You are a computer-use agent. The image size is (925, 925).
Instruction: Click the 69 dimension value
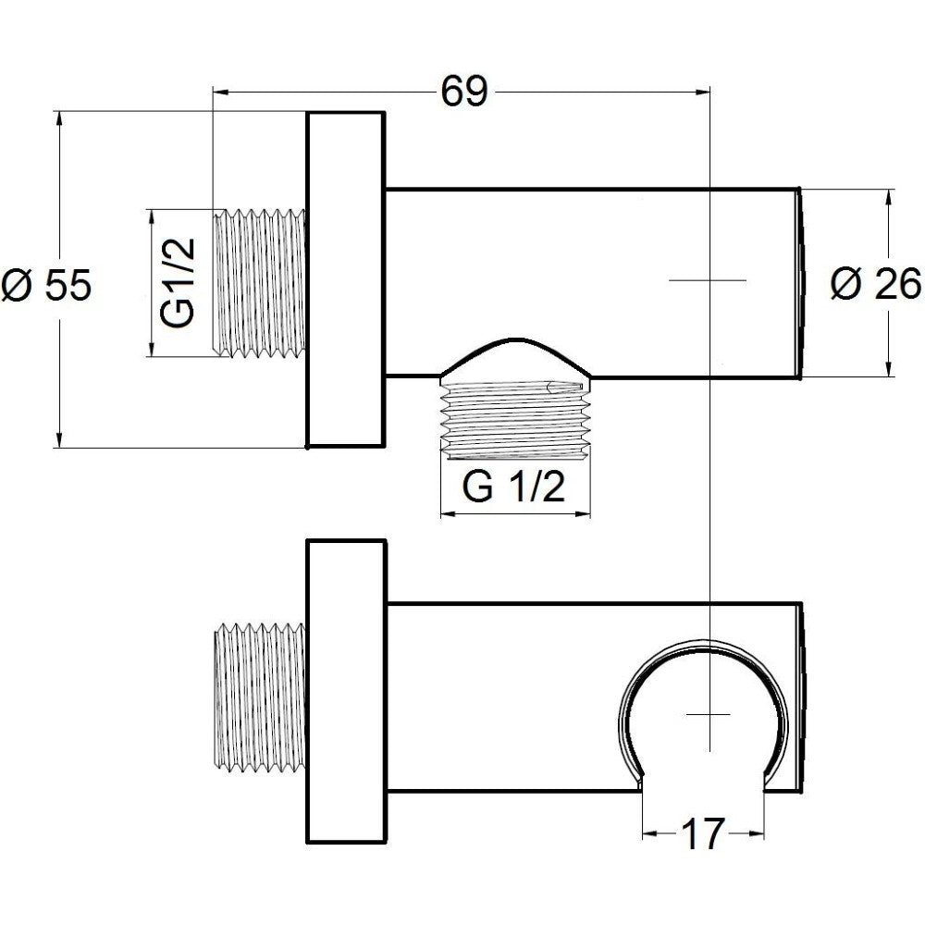click(x=465, y=92)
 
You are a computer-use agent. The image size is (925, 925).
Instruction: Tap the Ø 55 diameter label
click(x=46, y=285)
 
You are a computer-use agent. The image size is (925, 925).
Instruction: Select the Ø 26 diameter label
click(x=875, y=284)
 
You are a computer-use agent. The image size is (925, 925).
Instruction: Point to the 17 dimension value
click(x=702, y=833)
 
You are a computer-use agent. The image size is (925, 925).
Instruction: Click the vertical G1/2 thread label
click(x=178, y=282)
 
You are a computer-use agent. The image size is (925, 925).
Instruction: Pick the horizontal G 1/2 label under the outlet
click(x=513, y=487)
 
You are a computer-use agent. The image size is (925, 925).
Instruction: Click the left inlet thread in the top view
click(x=260, y=282)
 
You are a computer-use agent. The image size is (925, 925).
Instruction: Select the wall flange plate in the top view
click(x=346, y=279)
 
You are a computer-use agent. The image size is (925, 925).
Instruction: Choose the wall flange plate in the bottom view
click(x=346, y=691)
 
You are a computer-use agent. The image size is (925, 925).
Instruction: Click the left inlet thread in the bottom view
click(x=260, y=697)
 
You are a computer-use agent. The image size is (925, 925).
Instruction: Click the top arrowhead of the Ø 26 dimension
click(x=889, y=199)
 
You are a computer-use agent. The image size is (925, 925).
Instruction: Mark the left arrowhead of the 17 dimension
click(x=650, y=833)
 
